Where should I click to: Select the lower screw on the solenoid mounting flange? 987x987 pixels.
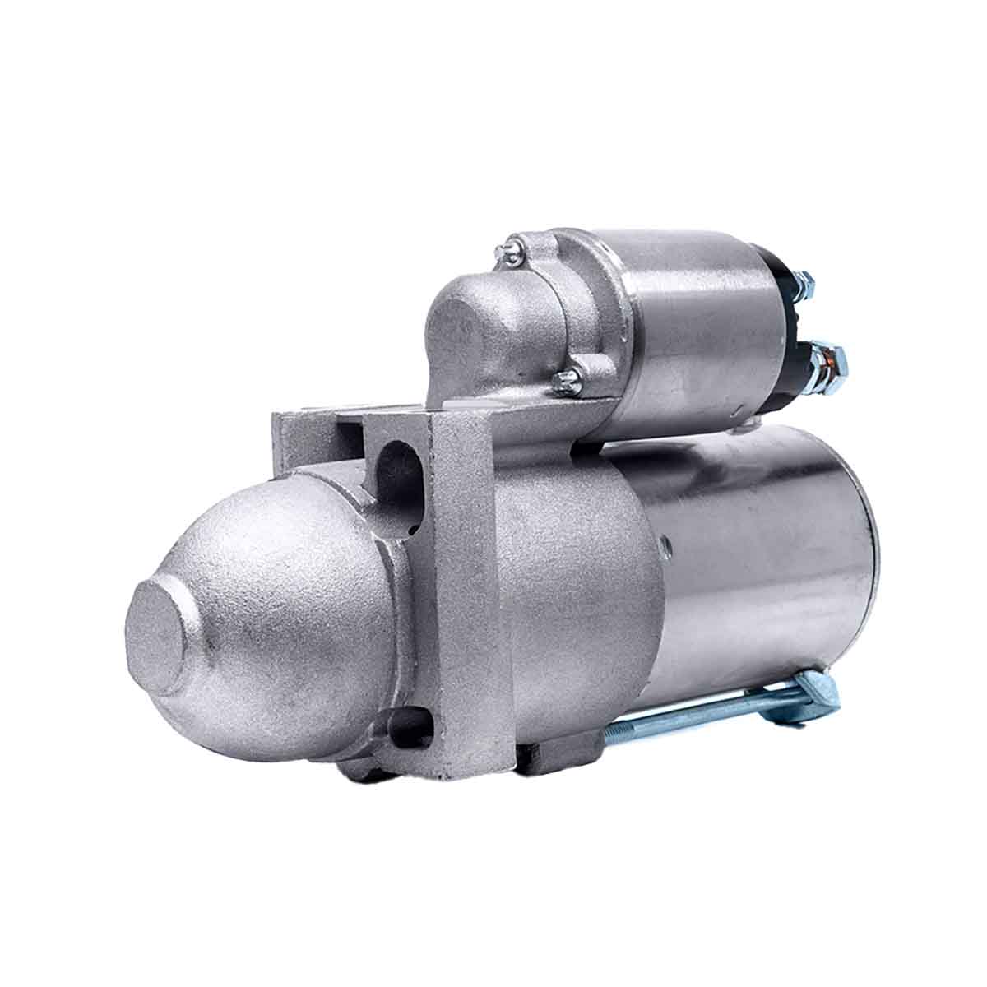pyautogui.click(x=566, y=378)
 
